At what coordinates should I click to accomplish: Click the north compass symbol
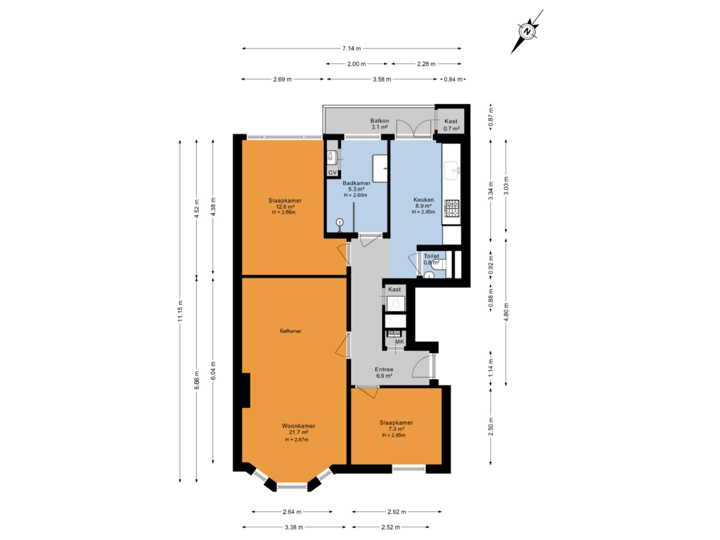coord(527,31)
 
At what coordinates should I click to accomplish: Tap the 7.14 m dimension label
coord(351,48)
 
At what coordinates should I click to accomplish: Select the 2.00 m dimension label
coord(356,63)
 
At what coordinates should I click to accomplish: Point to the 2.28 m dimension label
coord(425,63)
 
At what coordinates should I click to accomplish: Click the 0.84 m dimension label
coord(451,78)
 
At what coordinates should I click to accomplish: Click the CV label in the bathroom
coord(332,171)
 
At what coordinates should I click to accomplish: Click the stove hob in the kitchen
coord(451,209)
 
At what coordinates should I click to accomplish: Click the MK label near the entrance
coord(399,343)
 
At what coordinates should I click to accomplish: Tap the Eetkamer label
coord(291,329)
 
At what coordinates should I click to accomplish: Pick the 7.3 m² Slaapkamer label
coord(396,426)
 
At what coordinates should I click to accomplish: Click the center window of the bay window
coord(292,487)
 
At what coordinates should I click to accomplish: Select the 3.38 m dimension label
coord(292,527)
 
